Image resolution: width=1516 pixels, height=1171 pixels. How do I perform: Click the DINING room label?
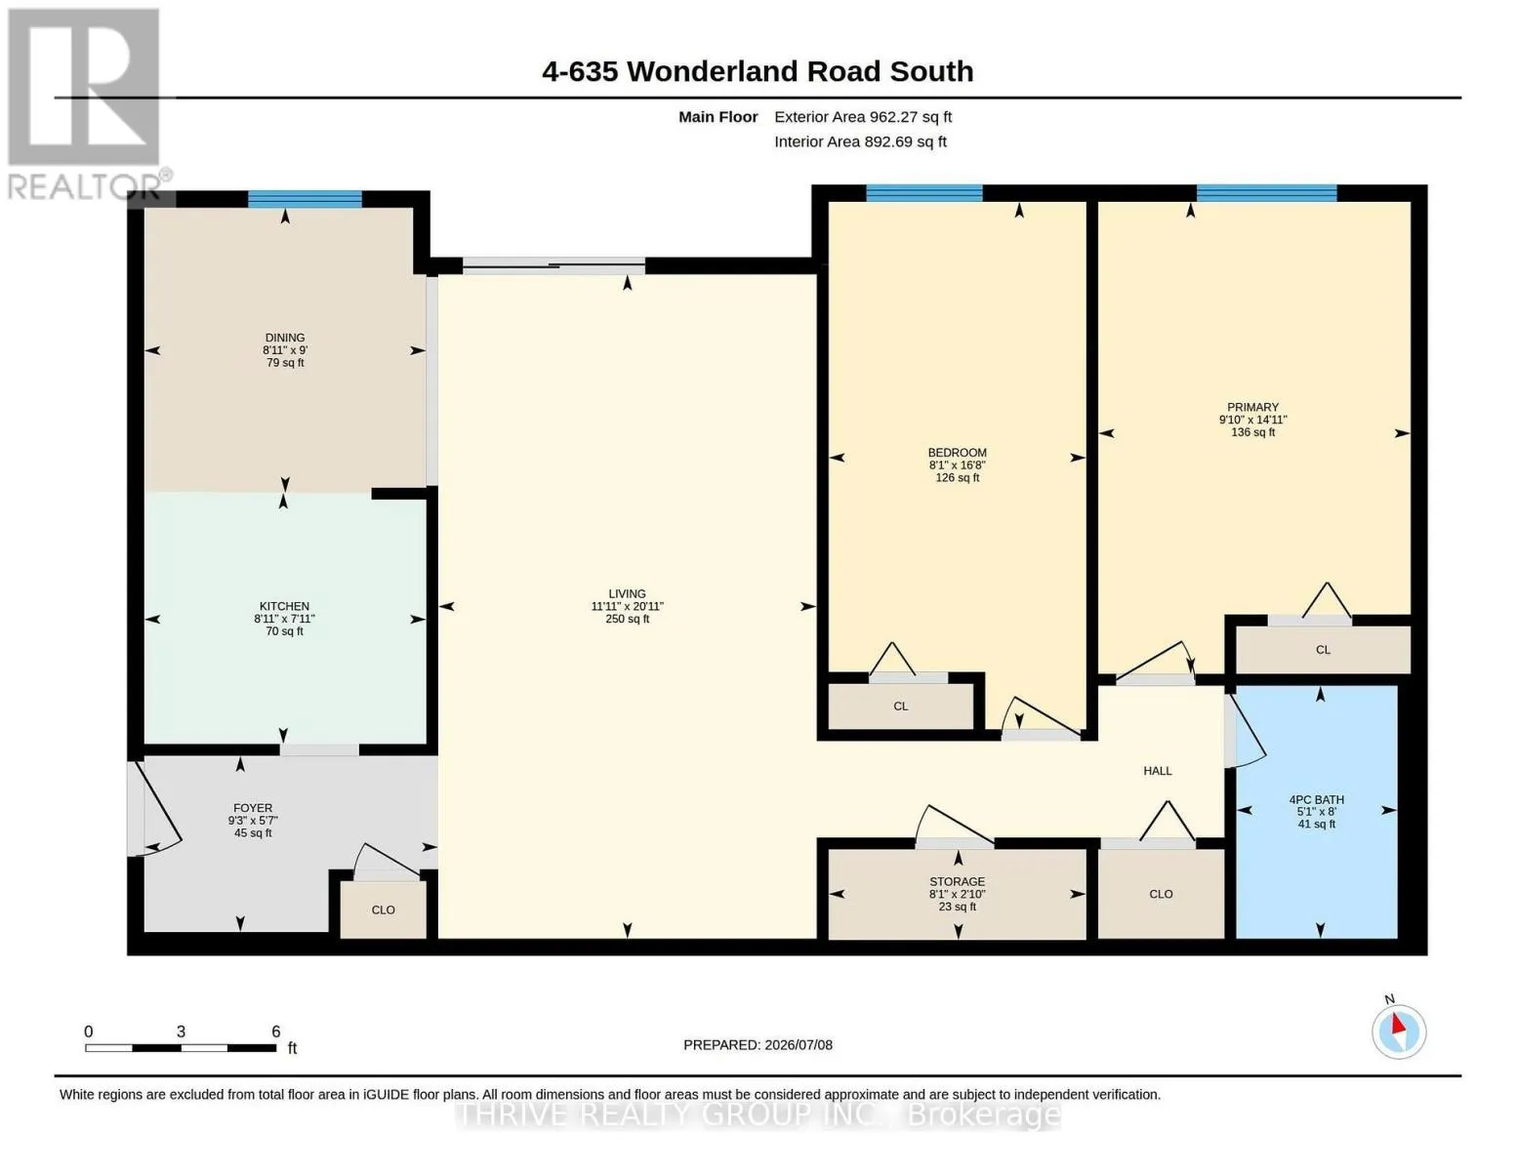[285, 338]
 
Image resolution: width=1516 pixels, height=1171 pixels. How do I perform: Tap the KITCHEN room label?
[284, 606]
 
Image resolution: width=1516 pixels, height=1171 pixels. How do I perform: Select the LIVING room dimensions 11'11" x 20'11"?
[627, 607]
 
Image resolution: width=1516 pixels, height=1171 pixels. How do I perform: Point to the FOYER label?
[253, 808]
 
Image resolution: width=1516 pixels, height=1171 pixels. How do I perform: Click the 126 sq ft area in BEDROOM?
[958, 478]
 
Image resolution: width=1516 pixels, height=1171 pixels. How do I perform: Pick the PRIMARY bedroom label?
[1253, 407]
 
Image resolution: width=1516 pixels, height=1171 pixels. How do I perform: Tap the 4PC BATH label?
[1317, 800]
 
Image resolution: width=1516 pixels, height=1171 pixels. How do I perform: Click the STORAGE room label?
[958, 881]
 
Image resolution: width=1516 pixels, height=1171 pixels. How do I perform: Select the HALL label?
[1158, 771]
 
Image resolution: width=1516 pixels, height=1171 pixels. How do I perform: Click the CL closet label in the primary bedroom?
[1323, 650]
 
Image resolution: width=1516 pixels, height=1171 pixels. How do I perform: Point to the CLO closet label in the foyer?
[383, 910]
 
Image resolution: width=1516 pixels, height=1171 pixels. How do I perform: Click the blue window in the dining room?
[305, 199]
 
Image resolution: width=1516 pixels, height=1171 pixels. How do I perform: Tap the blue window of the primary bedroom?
[1266, 193]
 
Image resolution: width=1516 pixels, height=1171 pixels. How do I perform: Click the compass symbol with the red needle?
[1398, 1031]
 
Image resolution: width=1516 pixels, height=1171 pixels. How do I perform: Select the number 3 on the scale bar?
[181, 1031]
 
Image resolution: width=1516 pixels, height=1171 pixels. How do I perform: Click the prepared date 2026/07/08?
[799, 1045]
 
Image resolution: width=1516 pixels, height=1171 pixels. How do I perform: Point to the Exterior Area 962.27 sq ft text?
[863, 117]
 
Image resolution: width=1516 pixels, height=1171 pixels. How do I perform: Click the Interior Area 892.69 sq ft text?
[860, 141]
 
